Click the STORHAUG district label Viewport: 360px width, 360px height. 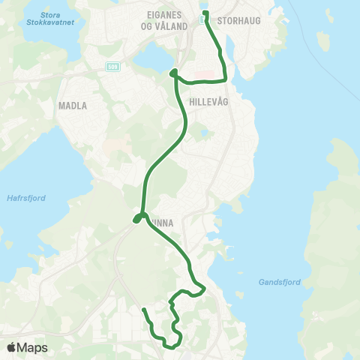click(x=238, y=21)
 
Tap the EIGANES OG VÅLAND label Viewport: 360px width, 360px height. click(x=163, y=21)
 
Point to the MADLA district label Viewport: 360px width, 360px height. click(x=73, y=106)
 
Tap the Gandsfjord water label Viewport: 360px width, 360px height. click(x=280, y=282)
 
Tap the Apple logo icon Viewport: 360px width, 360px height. click(x=12, y=347)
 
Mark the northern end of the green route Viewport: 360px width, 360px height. click(x=205, y=12)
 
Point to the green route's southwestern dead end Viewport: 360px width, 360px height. click(x=143, y=309)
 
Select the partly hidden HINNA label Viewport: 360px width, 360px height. click(x=164, y=222)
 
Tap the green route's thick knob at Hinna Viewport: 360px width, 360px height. click(x=138, y=218)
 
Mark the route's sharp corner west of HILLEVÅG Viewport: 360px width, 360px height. click(x=173, y=73)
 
